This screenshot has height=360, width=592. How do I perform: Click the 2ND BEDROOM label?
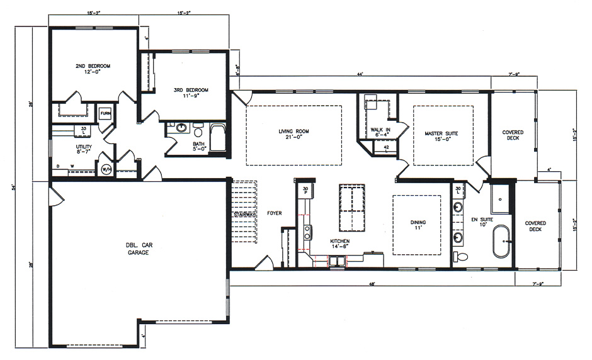(93, 66)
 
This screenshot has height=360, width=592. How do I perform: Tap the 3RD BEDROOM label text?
(190, 90)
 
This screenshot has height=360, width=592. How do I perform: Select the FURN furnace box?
(105, 115)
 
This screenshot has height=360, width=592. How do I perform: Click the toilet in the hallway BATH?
(198, 133)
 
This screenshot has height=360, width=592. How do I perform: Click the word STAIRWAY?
(244, 215)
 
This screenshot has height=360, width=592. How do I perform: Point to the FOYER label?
(273, 213)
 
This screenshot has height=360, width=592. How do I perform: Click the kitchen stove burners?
(307, 230)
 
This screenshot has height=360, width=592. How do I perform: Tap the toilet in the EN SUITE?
(461, 257)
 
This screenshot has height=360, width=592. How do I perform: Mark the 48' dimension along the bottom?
(373, 284)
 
